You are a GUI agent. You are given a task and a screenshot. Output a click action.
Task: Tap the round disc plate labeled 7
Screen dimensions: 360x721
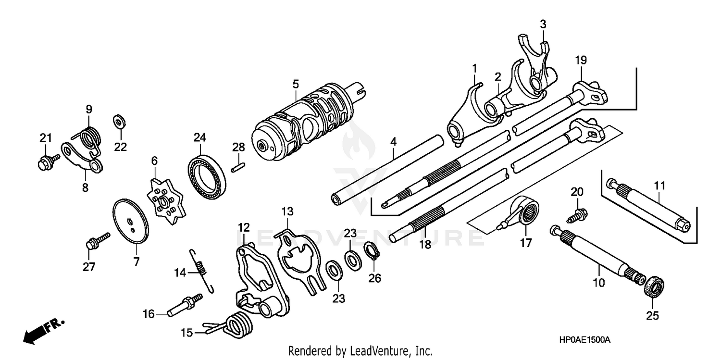(131, 222)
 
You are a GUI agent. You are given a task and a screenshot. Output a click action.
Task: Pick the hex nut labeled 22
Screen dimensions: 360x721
(118, 121)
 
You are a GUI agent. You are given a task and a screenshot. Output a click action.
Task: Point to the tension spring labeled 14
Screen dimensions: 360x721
(202, 270)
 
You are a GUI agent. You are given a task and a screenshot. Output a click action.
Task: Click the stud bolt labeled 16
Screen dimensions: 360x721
(186, 306)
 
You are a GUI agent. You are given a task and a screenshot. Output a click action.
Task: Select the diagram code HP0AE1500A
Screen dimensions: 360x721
(584, 339)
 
